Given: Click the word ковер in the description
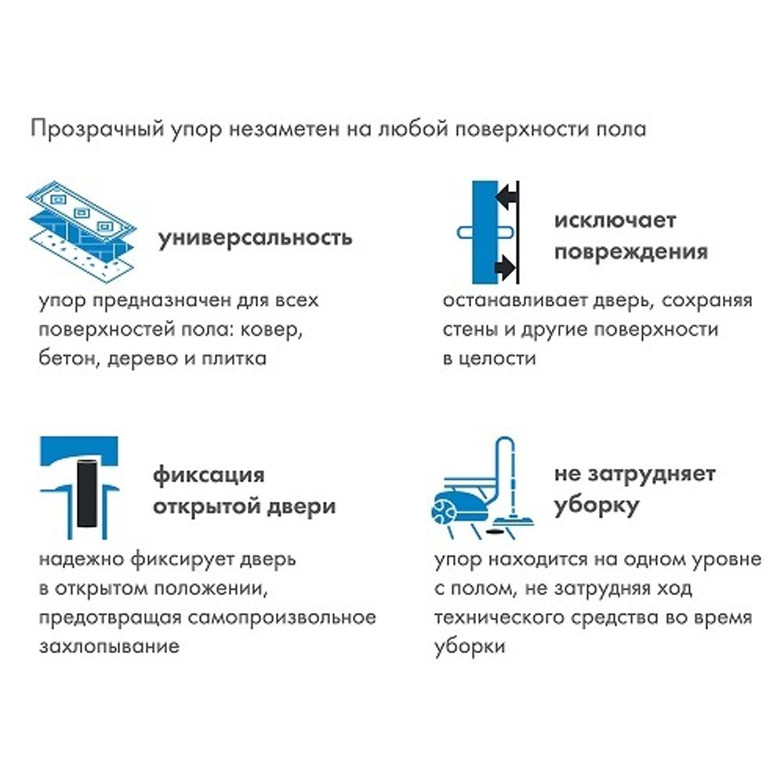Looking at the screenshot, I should [267, 330].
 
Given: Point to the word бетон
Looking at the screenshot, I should [66, 359].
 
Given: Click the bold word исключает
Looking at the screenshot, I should [615, 220].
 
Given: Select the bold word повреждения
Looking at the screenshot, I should [631, 252].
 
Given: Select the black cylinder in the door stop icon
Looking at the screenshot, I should [85, 491].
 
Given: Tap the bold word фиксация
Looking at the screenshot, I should [208, 475].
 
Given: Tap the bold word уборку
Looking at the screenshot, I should [596, 506].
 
